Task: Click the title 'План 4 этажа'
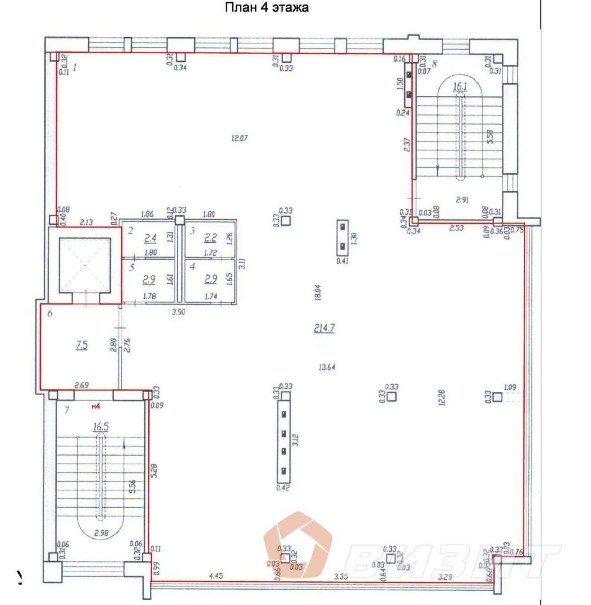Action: (x=266, y=8)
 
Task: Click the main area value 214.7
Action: (x=324, y=328)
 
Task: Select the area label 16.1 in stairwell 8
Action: (x=460, y=86)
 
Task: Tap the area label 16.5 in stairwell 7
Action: (x=101, y=426)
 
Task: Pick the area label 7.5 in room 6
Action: (x=81, y=345)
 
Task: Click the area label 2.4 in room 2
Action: (x=150, y=238)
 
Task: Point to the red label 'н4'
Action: (x=95, y=407)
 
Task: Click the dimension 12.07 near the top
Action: (x=239, y=138)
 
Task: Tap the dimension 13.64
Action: (x=327, y=367)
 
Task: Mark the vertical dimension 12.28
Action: (x=442, y=398)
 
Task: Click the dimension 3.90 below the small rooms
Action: (x=178, y=312)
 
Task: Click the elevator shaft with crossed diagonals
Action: (x=85, y=265)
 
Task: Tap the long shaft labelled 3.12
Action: (x=283, y=440)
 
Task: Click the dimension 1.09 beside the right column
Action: (x=510, y=387)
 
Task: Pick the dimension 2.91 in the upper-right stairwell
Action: (x=462, y=200)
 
